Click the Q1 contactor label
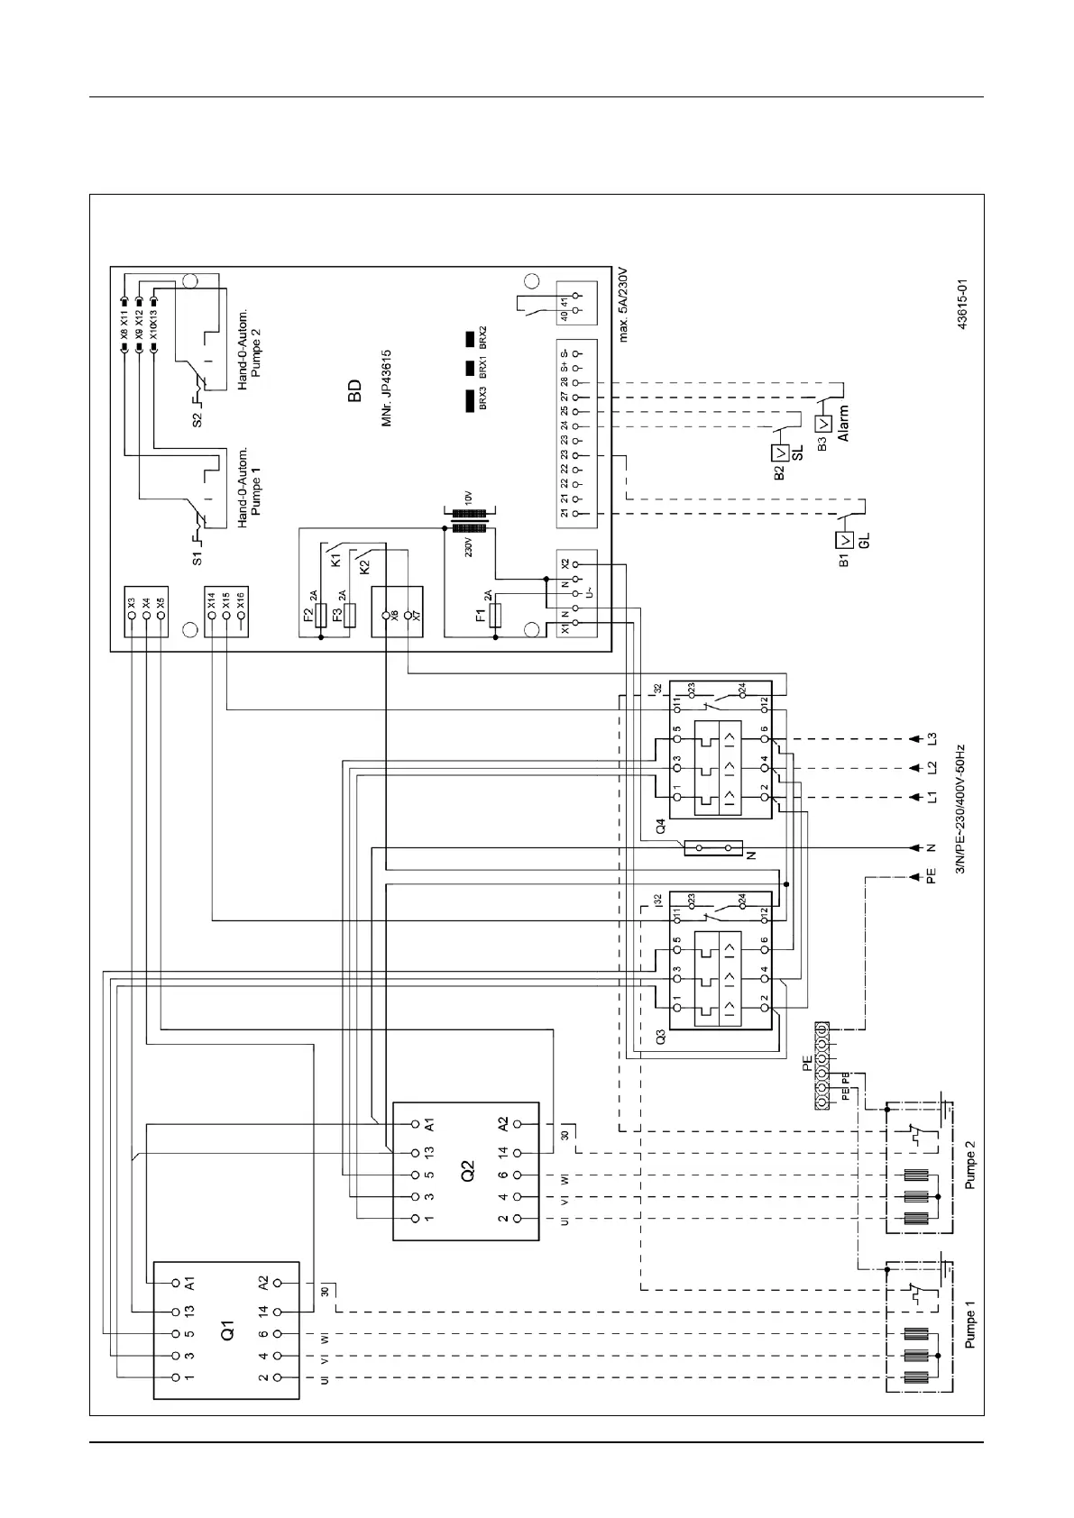[228, 1329]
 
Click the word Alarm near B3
[844, 423]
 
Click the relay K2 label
[364, 567]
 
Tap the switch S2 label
[197, 418]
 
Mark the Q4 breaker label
[661, 825]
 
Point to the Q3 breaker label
[661, 1037]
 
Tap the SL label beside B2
[797, 451]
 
